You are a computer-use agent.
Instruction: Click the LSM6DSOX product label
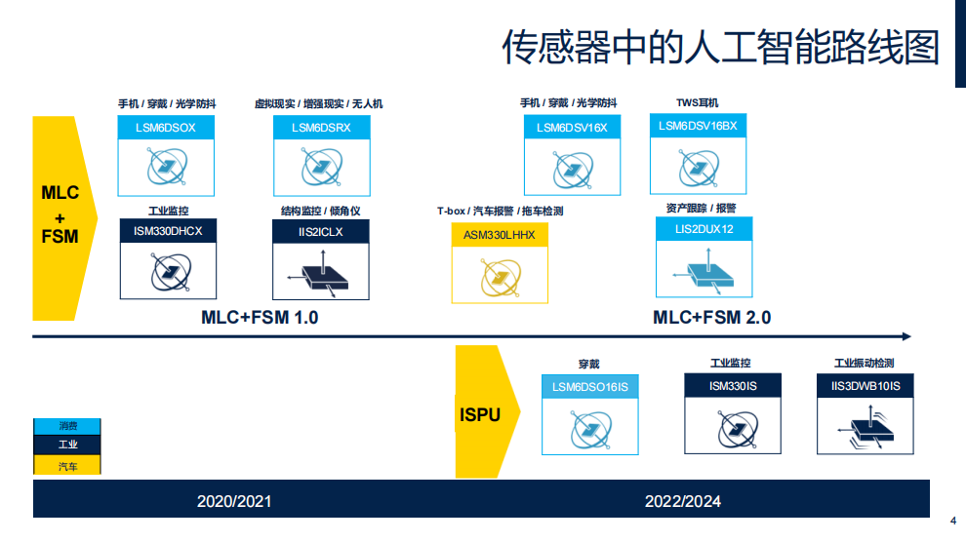pos(166,128)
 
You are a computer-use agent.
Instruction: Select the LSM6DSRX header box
pos(322,128)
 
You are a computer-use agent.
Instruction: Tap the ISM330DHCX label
pos(168,231)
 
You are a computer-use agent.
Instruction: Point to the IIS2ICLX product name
pos(321,232)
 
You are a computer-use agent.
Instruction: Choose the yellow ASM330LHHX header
pos(500,235)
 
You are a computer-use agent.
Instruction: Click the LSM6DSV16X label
pos(572,128)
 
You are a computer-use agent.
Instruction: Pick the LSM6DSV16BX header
pos(698,126)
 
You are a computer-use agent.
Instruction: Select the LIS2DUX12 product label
pos(704,229)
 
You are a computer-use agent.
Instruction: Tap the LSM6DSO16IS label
pos(590,387)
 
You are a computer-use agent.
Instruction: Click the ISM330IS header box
pos(733,386)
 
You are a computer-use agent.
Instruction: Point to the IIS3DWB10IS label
pos(865,386)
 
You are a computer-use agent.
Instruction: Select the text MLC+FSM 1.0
pos(260,318)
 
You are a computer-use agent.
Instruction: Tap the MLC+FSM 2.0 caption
pos(712,318)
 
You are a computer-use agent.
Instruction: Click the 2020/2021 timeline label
pos(234,501)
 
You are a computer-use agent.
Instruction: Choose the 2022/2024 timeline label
pos(683,501)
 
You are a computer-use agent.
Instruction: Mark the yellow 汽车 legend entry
pos(67,465)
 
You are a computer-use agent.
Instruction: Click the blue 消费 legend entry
pos(67,426)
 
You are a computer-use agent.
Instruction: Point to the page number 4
pos(953,521)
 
